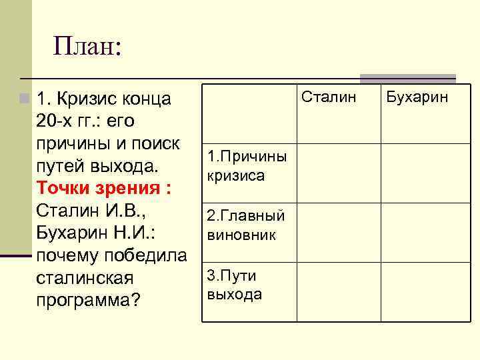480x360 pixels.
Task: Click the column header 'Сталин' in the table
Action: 329,97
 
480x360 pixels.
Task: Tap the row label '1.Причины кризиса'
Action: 247,166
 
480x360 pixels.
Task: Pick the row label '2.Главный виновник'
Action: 246,225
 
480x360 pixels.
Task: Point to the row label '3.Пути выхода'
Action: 235,285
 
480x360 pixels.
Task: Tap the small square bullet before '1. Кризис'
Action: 25,99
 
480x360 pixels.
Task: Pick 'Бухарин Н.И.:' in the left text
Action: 97,233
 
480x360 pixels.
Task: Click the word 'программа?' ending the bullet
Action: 89,299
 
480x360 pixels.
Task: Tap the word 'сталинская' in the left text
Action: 86,277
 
